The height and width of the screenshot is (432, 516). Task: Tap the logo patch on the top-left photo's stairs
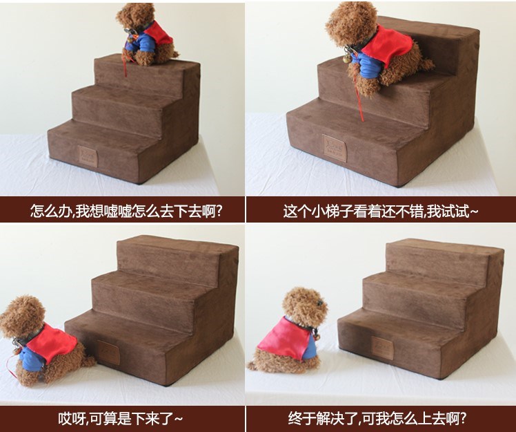point(88,156)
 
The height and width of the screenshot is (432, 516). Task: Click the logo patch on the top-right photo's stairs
point(335,148)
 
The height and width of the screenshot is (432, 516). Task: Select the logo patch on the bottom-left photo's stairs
point(108,353)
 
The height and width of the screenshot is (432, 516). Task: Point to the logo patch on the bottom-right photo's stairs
point(382,348)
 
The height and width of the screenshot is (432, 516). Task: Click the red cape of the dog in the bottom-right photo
point(285,339)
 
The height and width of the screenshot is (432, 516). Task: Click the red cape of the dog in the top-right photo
point(387,46)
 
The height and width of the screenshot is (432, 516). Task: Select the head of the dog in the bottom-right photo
point(305,306)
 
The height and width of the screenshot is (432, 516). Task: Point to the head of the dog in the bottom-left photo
point(22,317)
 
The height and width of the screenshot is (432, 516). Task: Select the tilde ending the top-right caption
point(474,212)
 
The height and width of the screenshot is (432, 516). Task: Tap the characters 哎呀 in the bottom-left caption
point(72,418)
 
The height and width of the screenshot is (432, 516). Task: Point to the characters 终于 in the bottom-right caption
point(301,418)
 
